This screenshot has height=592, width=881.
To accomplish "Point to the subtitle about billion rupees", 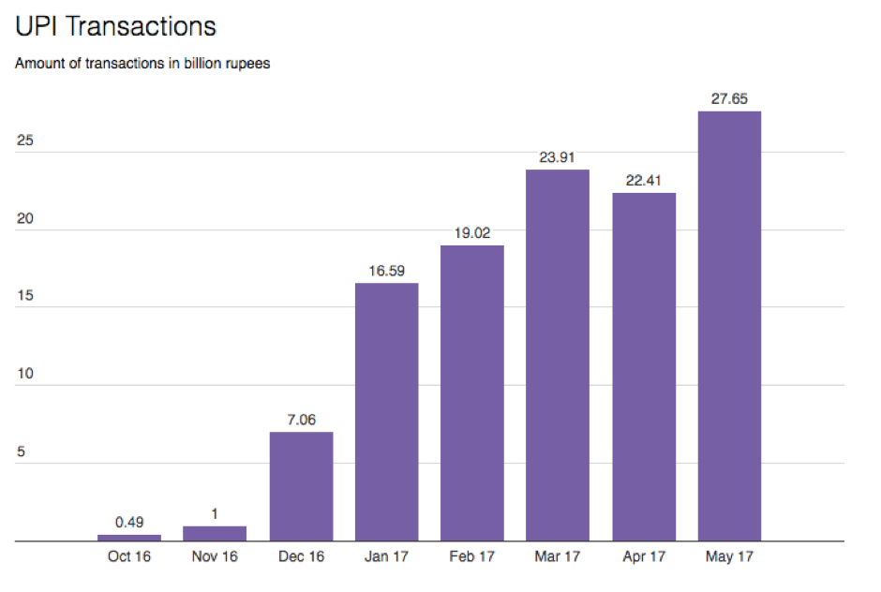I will [142, 65].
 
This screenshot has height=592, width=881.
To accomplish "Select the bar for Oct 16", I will [129, 538].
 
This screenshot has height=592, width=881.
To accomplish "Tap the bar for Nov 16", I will [215, 534].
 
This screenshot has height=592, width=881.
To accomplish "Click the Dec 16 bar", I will [301, 486].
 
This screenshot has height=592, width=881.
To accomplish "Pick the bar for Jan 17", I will [386, 412].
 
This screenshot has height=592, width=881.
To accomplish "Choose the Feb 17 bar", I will [472, 393].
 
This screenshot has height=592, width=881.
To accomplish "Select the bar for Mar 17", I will [558, 355].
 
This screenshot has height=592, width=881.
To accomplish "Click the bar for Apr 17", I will [644, 367].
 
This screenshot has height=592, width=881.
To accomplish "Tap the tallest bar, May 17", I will [729, 326].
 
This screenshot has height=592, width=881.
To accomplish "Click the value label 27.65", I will [729, 97].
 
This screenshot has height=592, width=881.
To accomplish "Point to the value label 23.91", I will [558, 156].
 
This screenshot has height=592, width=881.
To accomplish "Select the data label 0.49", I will [129, 522].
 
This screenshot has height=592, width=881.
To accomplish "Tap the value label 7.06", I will [301, 419].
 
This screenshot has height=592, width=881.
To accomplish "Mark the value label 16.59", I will [386, 270].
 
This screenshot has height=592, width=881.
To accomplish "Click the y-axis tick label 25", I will [25, 141].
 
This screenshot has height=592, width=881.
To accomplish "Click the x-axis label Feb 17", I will [472, 556].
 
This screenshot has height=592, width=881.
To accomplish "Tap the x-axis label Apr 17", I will [644, 556].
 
